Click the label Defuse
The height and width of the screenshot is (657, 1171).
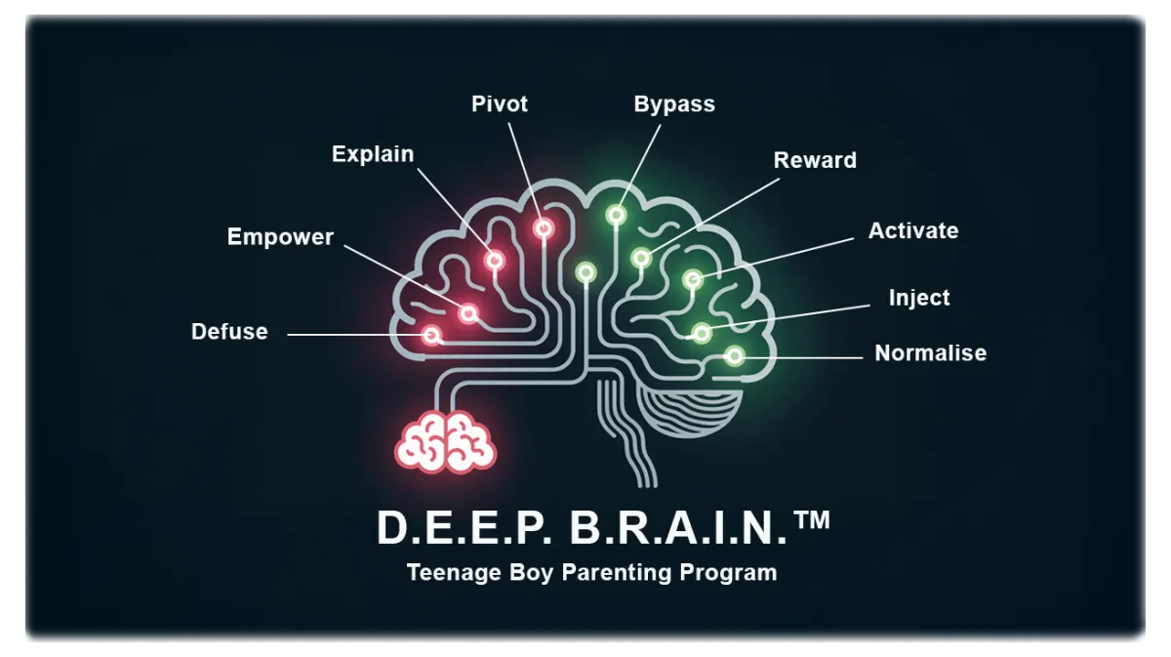click(229, 332)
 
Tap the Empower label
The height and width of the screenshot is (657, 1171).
click(280, 237)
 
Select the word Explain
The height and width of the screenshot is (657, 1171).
click(373, 155)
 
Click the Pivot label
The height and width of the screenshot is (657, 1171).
click(500, 103)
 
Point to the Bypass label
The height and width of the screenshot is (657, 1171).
click(674, 104)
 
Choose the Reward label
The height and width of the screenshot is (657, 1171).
click(815, 160)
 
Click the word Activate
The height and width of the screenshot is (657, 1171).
click(913, 230)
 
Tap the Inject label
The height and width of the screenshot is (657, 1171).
click(919, 298)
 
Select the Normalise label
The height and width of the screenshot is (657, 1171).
click(931, 353)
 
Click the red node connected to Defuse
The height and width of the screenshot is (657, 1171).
click(431, 335)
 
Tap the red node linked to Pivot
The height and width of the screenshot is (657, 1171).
click(544, 228)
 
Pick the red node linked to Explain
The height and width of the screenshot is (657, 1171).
click(495, 260)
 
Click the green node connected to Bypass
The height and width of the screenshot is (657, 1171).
click(617, 215)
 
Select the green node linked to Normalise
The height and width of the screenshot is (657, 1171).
click(735, 356)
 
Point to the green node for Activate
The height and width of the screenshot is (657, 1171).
click(693, 280)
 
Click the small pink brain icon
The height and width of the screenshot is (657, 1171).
click(445, 442)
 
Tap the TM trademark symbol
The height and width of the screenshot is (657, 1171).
click(811, 520)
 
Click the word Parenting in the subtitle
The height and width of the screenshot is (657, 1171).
click(617, 573)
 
